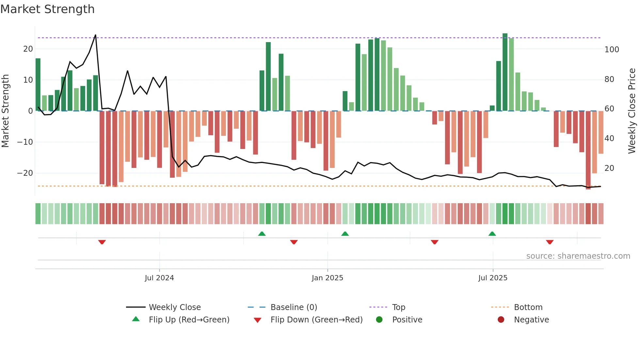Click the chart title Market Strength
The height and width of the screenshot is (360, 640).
[47, 9]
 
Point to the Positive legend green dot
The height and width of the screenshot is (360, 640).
[379, 319]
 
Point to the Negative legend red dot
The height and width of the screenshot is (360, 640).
[501, 319]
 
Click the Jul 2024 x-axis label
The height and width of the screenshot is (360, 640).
[159, 278]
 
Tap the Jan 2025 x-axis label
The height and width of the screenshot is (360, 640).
[328, 278]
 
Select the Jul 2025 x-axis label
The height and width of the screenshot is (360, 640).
[493, 278]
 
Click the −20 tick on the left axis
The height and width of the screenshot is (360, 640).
[25, 173]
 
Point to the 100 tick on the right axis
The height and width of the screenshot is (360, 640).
[612, 50]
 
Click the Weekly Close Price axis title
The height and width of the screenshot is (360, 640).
[632, 111]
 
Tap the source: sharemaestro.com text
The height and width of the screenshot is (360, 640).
[578, 256]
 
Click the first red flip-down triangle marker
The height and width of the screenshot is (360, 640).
[102, 242]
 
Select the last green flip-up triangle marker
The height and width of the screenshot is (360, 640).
[492, 234]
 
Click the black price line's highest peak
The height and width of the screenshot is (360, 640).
[95, 35]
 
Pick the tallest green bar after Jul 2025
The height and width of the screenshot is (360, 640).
[505, 72]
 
